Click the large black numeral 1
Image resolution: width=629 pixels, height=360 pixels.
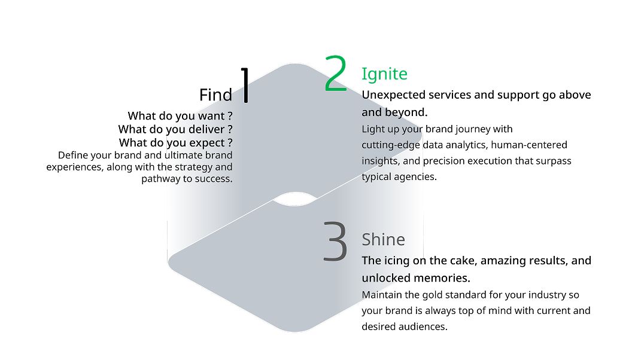tap(245, 85)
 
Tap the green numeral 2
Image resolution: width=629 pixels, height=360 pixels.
tap(335, 73)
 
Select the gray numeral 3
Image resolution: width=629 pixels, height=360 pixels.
tap(335, 242)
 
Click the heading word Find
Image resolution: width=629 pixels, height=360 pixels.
tap(216, 95)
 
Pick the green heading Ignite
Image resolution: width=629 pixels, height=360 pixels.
tap(384, 74)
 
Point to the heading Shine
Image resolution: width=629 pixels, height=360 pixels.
tap(384, 239)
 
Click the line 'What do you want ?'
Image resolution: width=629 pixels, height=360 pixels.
tap(180, 116)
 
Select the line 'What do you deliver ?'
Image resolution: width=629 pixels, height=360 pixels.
tap(175, 130)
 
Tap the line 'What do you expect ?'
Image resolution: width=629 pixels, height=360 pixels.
tap(176, 143)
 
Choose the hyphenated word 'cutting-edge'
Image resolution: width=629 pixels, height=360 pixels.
tap(391, 145)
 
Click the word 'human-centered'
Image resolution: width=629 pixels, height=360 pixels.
tap(529, 145)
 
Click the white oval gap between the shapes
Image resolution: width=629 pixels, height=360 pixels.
tap(295, 199)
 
